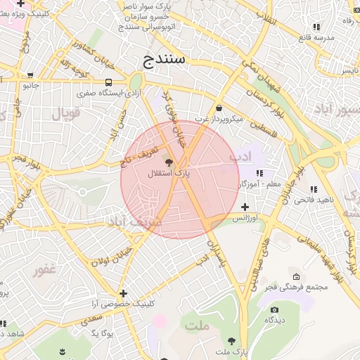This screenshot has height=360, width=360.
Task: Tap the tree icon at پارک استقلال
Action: tap(167, 161)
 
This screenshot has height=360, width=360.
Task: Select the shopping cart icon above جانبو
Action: tap(30, 75)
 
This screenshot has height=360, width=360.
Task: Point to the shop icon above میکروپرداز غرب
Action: tap(219, 108)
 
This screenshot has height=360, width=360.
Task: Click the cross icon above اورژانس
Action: tap(245, 207)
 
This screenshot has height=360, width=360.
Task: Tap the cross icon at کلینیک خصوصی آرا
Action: tap(124, 293)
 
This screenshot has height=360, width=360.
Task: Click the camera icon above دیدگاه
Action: tap(274, 309)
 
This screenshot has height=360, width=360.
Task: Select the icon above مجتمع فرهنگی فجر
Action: tap(295, 276)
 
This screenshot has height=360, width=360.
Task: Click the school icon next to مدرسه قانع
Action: tap(316, 27)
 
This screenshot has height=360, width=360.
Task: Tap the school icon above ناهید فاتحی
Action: tap(313, 189)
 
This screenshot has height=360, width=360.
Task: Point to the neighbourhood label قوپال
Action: tap(67, 112)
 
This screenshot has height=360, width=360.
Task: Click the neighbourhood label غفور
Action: tap(45, 269)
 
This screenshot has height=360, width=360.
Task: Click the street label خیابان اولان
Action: tap(112, 257)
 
